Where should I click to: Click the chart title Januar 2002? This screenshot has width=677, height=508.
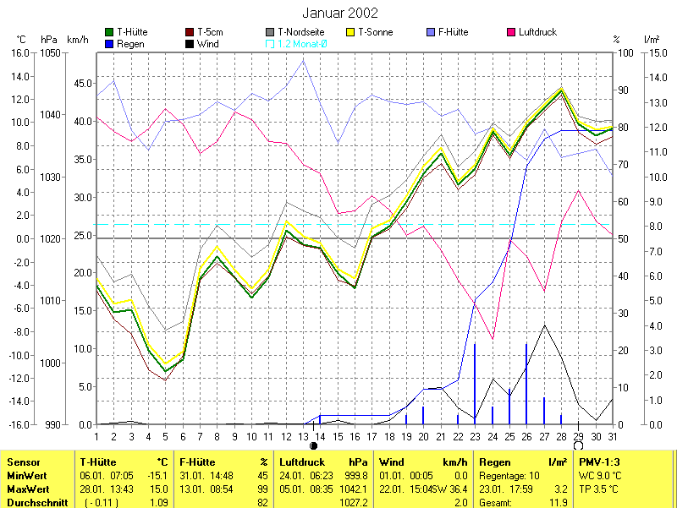click(x=339, y=14)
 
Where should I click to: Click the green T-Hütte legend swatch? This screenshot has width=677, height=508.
click(x=109, y=32)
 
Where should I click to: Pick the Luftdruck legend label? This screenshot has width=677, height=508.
click(x=538, y=32)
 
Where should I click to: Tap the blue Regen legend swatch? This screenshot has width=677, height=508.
click(x=109, y=44)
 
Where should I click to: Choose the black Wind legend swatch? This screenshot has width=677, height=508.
click(x=190, y=44)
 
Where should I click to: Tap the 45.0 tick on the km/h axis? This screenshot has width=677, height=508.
click(x=83, y=83)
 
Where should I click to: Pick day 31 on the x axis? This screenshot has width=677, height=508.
click(x=612, y=436)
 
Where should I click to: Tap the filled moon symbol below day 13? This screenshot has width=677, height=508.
click(x=313, y=445)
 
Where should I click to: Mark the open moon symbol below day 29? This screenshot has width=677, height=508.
click(x=578, y=445)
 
